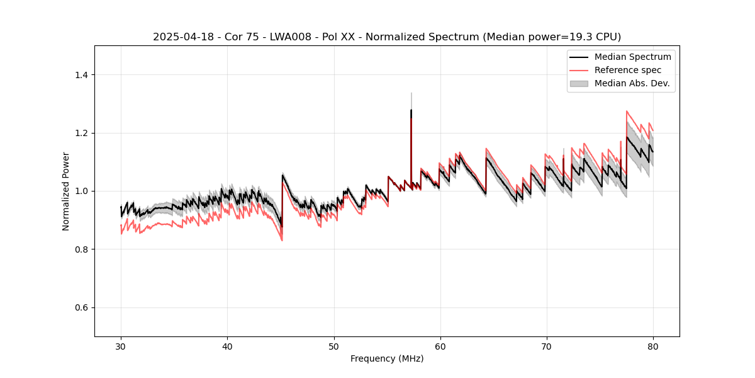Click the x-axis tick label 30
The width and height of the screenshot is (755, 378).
point(121,346)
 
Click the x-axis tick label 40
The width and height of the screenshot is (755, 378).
point(227,346)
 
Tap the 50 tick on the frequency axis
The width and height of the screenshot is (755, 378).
point(333,346)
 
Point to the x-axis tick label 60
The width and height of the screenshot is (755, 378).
point(440,346)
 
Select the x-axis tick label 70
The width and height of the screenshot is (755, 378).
point(547,346)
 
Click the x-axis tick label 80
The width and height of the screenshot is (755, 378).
point(653,346)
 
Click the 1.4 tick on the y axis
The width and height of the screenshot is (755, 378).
point(81,75)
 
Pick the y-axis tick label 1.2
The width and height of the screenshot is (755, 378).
point(81,133)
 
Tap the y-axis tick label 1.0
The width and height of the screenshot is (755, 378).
point(81,191)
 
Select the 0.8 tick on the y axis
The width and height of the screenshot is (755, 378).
point(81,249)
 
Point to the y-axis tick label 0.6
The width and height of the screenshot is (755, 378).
point(81,307)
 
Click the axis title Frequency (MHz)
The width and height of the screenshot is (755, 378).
point(387,358)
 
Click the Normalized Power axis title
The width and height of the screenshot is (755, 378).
point(65,191)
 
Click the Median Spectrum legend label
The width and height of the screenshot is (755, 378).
point(632,57)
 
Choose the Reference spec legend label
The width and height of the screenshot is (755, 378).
point(628,70)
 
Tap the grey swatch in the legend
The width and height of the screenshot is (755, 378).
point(578,83)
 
